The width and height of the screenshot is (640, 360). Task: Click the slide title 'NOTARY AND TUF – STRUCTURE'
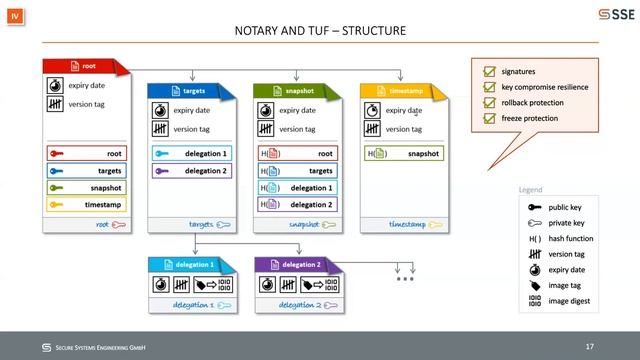319,31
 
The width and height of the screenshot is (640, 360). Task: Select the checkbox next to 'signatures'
489,72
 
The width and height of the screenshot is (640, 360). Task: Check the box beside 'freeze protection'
489,119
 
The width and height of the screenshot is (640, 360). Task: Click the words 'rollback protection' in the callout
533,103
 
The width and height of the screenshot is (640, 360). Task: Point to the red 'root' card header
84,67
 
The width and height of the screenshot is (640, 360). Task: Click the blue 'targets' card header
190,91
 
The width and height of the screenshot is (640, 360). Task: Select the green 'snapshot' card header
296,91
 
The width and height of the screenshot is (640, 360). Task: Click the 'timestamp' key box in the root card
86,204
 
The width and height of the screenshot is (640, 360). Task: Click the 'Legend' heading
531,190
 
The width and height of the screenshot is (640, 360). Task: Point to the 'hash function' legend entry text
570,239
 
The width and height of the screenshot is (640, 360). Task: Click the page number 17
590,346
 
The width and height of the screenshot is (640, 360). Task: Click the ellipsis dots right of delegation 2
405,278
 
